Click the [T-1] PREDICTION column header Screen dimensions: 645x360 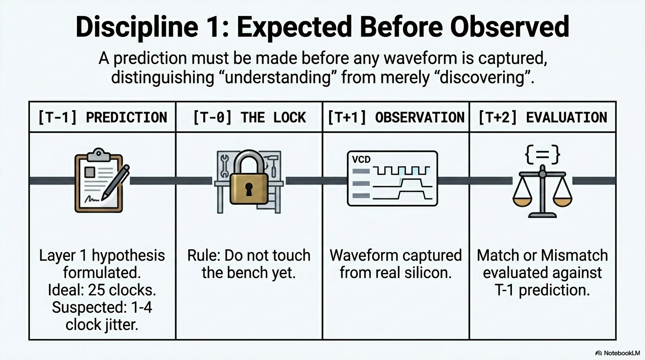pos(103,118)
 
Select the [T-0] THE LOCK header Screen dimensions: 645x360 pos(249,118)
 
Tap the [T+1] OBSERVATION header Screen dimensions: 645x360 pos(396,118)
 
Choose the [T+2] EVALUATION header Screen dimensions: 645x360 pos(543,118)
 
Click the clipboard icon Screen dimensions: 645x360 pos(99,180)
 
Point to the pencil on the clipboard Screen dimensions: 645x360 pos(115,182)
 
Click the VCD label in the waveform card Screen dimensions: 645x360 pos(361,159)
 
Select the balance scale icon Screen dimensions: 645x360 pos(542,191)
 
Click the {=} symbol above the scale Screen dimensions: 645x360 pos(542,155)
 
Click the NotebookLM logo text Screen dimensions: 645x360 pos(621,353)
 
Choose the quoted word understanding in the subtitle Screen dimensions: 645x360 pos(277,77)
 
